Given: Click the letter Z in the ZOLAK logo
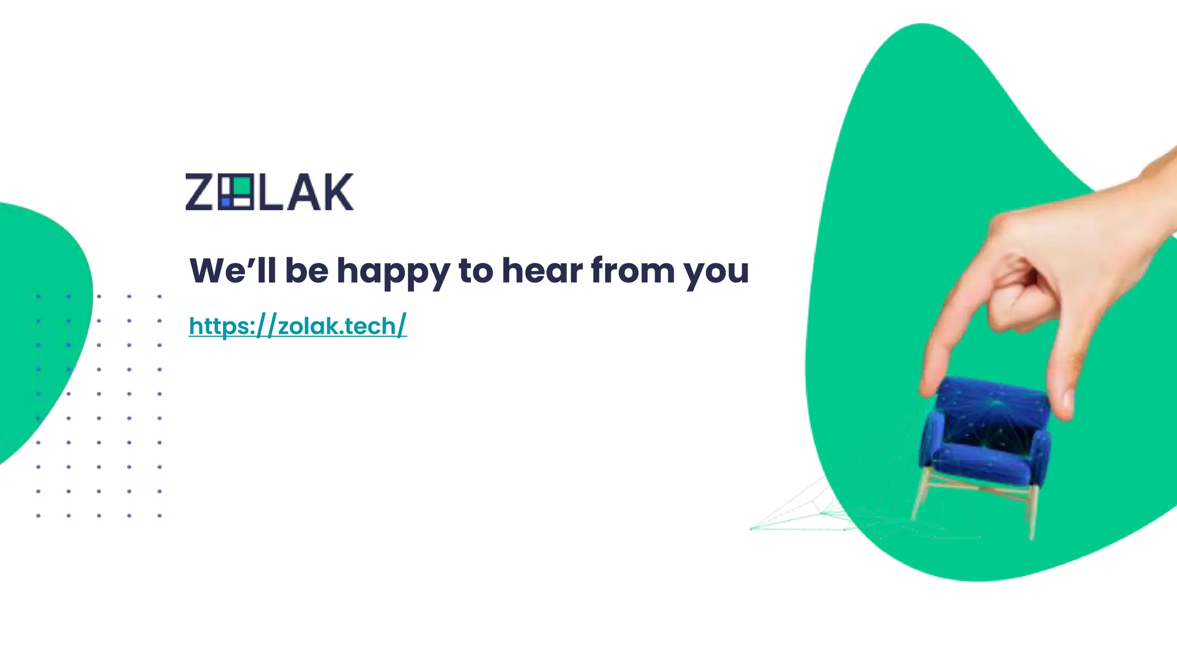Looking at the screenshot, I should click(199, 192).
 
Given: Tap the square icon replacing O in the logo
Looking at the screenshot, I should click(235, 192).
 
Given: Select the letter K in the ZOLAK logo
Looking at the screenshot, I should click(336, 192).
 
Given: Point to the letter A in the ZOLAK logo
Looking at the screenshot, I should click(303, 192).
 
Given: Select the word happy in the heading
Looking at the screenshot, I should click(393, 271).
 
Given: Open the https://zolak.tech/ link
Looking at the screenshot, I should click(298, 326).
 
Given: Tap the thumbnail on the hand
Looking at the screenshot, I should click(1067, 399).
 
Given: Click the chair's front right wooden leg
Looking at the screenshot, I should click(1033, 511).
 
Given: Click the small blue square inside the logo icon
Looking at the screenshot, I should click(225, 202).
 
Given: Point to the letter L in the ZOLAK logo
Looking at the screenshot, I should click(270, 192).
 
